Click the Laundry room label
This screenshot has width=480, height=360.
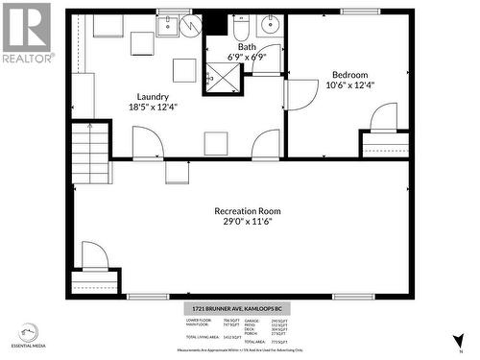coord(154,96)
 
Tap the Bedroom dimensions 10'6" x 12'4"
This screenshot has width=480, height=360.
coord(349,85)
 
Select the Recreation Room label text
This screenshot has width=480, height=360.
coord(248,210)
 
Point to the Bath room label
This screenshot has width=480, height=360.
coord(247,46)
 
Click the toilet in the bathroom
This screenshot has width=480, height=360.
coord(240,27)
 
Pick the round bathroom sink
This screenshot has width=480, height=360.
coord(271,26)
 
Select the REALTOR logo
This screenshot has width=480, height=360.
coord(27,34)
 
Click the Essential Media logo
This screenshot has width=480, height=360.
coord(33,334)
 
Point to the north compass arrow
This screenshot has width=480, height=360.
coord(463,341)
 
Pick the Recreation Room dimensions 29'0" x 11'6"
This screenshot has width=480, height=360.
coord(248,222)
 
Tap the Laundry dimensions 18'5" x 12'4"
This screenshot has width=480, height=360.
coord(154,107)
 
